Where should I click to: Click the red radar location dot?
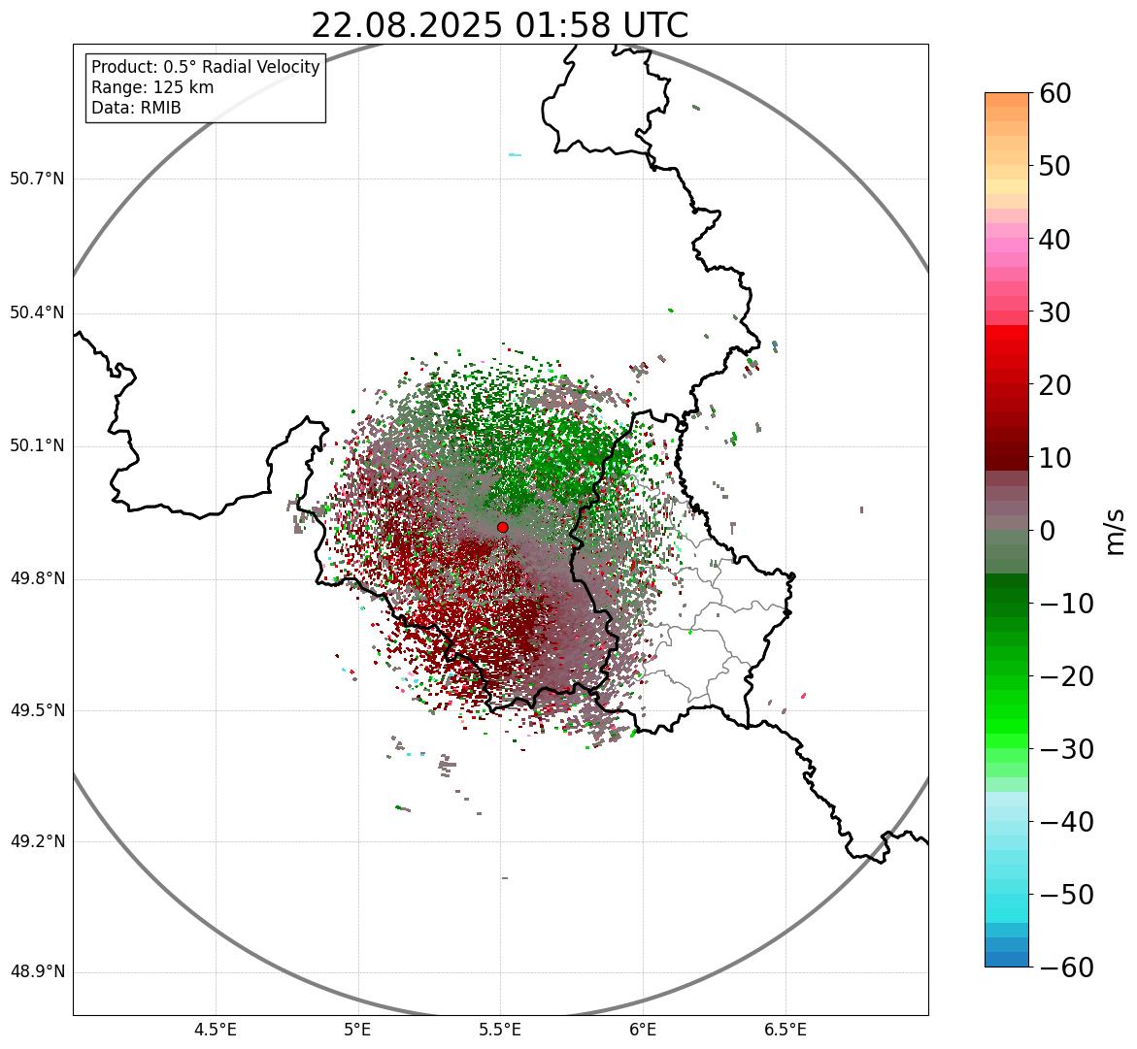tap(502, 527)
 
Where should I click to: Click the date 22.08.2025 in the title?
tap(408, 26)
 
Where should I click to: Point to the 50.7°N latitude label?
tap(37, 179)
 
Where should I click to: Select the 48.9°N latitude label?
tap(37, 972)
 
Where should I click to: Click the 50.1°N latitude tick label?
tap(37, 446)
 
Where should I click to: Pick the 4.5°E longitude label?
tap(216, 1030)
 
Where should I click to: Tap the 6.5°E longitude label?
tap(785, 1030)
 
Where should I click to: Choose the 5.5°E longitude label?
tap(500, 1030)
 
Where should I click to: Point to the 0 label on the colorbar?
tap(1048, 531)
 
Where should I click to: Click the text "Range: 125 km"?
tap(152, 87)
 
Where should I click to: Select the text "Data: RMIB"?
tap(136, 108)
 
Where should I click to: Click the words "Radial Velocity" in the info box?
tap(259, 67)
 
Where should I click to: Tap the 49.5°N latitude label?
tap(37, 710)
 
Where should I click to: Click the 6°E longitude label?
tap(642, 1030)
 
